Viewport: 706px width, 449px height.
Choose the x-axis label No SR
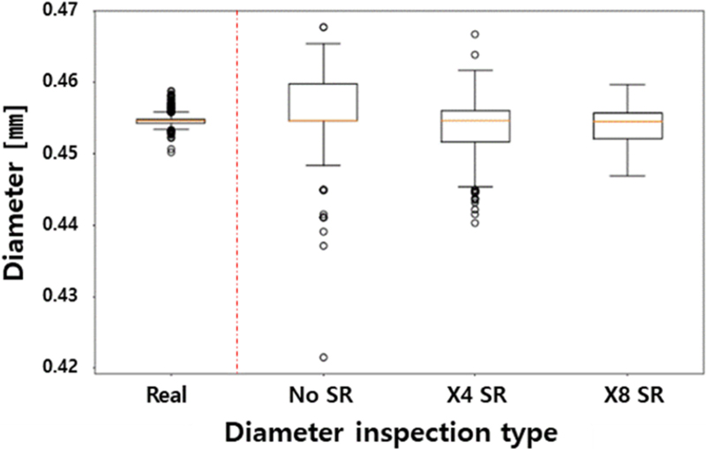[324, 393]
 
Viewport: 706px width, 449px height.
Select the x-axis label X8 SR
[627, 393]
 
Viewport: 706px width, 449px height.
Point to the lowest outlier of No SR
[324, 357]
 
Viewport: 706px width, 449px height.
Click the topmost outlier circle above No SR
[324, 27]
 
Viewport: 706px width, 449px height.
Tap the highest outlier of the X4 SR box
[475, 34]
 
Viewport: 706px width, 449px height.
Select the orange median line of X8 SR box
[627, 121]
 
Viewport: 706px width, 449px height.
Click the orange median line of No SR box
[324, 120]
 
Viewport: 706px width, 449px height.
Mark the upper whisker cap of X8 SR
[627, 85]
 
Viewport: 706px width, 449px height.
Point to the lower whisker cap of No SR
[324, 165]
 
